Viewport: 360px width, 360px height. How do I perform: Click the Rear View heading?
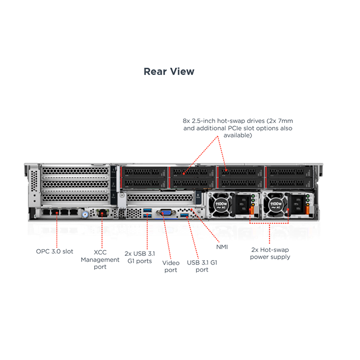169,72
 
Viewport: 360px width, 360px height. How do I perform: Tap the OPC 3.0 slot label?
55,252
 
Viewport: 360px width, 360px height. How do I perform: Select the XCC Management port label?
100,259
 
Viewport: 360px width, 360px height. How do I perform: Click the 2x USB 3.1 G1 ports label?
140,257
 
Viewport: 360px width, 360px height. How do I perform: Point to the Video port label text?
171,266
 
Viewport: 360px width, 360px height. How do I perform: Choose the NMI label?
222,247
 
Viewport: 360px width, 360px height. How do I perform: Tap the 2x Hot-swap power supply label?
270,253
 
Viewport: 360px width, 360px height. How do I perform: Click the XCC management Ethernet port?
102,213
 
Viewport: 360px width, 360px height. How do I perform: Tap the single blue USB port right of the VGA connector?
184,216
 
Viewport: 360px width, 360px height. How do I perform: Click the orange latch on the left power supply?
252,210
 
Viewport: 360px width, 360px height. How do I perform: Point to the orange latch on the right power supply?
307,210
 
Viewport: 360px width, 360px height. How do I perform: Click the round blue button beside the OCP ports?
85,215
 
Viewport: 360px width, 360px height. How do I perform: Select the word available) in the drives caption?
238,135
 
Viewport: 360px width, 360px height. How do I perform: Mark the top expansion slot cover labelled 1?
75,170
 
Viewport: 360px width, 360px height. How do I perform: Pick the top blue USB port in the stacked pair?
147,210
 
